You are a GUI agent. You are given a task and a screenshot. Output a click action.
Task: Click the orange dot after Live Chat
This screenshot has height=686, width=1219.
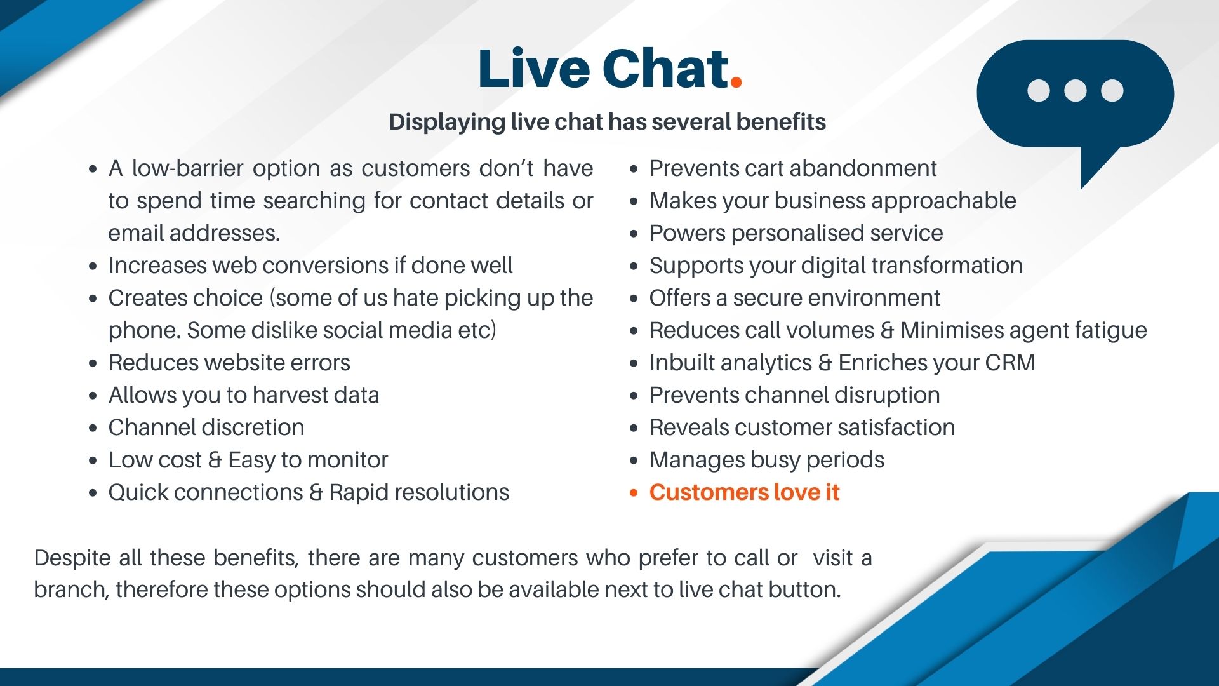coord(736,81)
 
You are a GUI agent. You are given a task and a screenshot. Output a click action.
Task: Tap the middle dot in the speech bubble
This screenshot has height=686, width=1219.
coord(1075,90)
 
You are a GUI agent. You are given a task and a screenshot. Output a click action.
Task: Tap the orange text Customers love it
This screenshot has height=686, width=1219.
coord(744,492)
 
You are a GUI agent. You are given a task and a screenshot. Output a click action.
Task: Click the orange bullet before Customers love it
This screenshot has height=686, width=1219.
coord(633,493)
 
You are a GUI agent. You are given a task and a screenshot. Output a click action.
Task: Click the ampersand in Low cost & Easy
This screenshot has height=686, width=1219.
coord(215,460)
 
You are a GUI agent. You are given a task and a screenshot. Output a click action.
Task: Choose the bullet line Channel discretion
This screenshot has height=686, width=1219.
coord(206,427)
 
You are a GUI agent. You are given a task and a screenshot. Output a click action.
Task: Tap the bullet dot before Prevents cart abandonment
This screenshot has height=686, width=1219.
coord(633,169)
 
